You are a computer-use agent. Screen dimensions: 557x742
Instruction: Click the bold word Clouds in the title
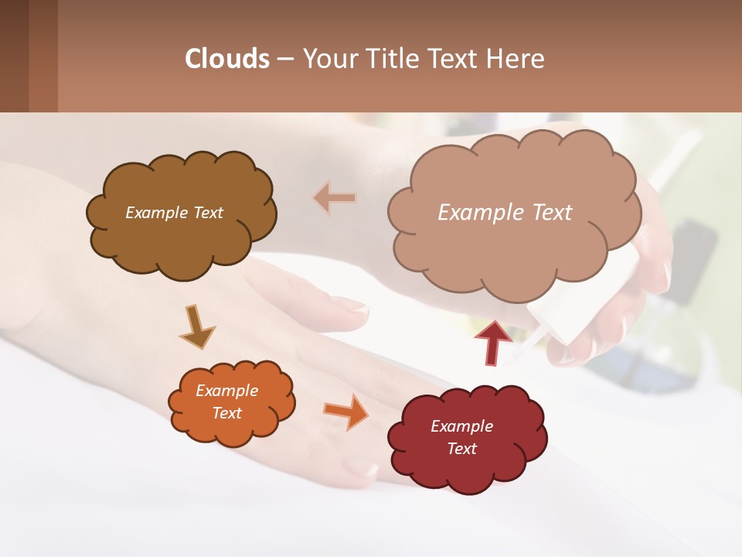point(227,59)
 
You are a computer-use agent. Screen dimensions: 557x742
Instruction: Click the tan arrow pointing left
point(335,199)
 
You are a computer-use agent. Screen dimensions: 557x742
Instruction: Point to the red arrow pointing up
point(493,341)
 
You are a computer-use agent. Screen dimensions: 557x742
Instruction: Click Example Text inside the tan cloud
point(505,213)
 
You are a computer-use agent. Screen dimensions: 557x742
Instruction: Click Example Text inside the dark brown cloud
point(174,213)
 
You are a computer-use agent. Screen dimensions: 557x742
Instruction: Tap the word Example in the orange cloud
point(226,391)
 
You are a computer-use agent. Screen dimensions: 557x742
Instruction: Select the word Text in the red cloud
point(461,449)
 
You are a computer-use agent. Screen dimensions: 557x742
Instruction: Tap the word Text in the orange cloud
point(226,413)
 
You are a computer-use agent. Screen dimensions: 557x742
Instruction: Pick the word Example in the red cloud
point(461,426)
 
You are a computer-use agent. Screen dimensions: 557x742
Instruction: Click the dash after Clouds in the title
point(284,59)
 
